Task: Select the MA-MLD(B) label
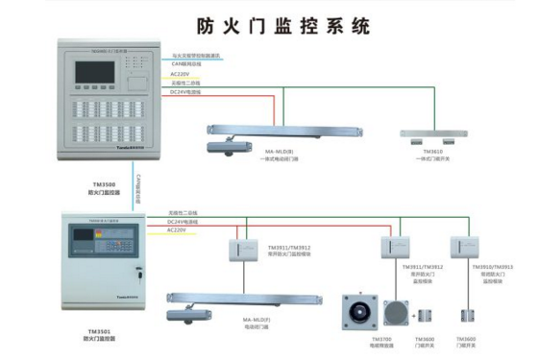coord(280,151)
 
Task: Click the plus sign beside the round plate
coord(415,314)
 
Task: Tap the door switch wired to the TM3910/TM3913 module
coord(469,316)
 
